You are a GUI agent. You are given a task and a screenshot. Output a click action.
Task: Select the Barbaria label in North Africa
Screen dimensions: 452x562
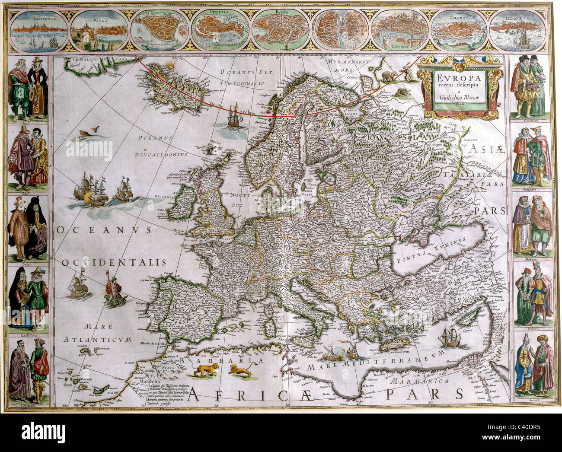(x=222, y=360)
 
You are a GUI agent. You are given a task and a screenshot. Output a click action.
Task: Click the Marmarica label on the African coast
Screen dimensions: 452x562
(x=417, y=382)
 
